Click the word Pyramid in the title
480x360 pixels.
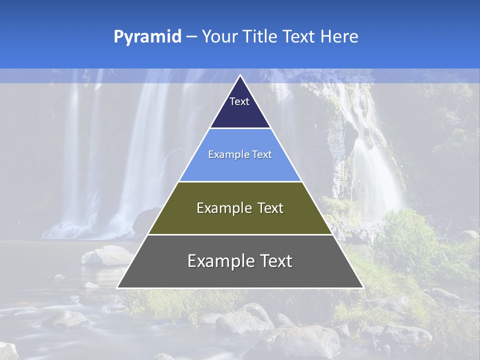[x=147, y=37]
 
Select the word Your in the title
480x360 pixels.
[x=218, y=36]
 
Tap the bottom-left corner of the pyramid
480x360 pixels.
[x=118, y=287]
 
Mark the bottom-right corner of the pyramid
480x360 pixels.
[x=362, y=287]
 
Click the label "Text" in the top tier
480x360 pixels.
[x=239, y=101]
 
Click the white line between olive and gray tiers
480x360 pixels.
[x=240, y=234]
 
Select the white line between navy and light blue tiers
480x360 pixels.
[x=240, y=128]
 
